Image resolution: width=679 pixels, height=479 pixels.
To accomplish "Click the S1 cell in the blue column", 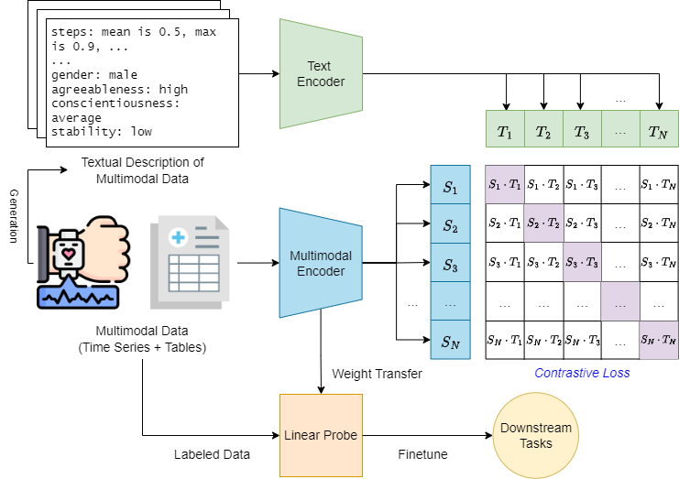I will point(449,187).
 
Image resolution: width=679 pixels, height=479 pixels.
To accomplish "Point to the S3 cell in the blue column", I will point(449,265).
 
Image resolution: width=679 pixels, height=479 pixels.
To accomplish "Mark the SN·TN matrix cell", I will point(659,341).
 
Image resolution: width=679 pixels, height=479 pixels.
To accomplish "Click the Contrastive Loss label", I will point(581,374).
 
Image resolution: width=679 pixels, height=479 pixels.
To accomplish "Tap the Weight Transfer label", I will point(376,374).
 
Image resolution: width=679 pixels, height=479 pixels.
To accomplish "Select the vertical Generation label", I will point(14,216).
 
